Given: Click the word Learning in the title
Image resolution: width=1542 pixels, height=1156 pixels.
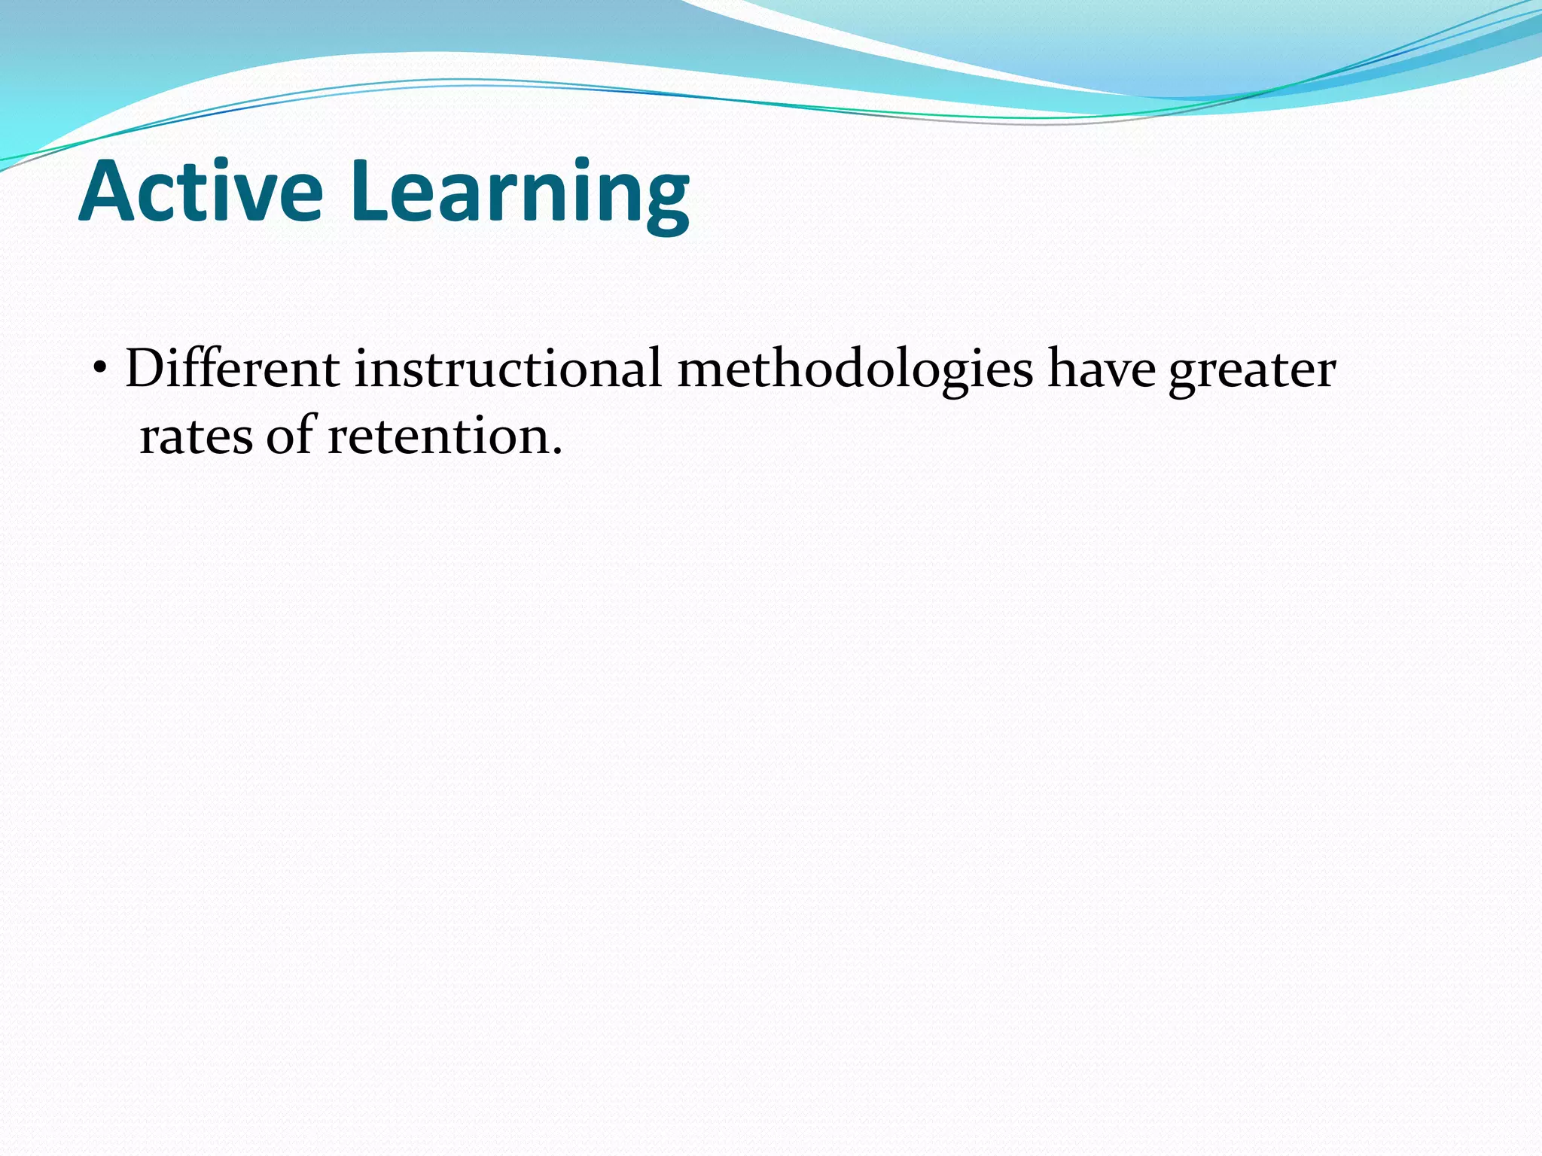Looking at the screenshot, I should [520, 194].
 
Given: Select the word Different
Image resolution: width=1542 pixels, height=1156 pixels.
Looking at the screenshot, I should [232, 369].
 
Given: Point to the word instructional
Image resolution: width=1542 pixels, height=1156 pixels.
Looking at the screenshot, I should [508, 369].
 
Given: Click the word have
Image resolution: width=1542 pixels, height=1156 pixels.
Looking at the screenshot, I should [1102, 369].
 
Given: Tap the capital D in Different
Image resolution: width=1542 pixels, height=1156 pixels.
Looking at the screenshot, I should [146, 369].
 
